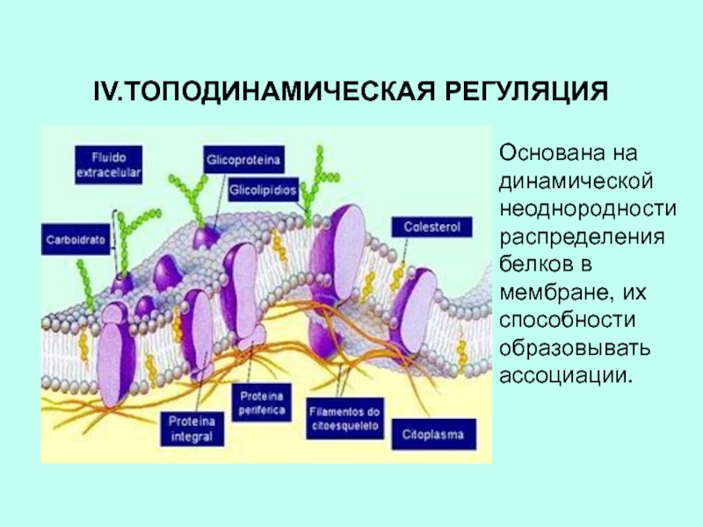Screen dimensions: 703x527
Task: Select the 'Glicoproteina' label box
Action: (x=243, y=161)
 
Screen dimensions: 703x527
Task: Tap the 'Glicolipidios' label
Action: (x=264, y=189)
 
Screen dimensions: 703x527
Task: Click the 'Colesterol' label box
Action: (x=431, y=227)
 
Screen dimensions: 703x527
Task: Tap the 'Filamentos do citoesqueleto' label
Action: (x=344, y=419)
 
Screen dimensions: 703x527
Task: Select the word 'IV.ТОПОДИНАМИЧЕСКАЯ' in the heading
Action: (x=256, y=92)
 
